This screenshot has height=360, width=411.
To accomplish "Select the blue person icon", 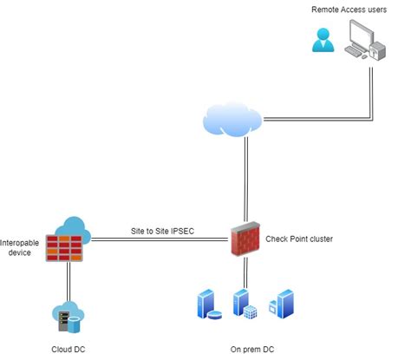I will pyautogui.click(x=324, y=40).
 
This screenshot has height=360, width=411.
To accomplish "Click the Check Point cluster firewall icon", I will pyautogui.click(x=245, y=237).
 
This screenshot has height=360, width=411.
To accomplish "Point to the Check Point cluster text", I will pyautogui.click(x=299, y=239).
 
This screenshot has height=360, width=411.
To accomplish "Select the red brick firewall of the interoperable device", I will pyautogui.click(x=64, y=249).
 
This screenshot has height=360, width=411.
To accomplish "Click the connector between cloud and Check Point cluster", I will pyautogui.click(x=246, y=178).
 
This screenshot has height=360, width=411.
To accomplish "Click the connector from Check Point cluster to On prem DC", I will pyautogui.click(x=246, y=273).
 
